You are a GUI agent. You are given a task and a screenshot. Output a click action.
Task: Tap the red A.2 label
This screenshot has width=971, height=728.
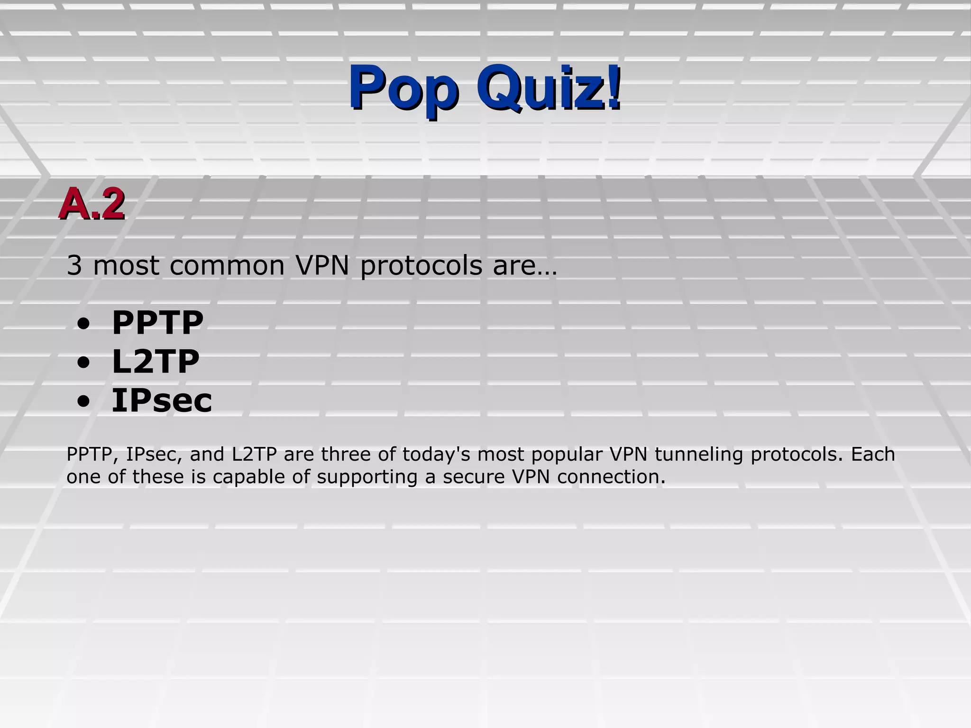pos(92,204)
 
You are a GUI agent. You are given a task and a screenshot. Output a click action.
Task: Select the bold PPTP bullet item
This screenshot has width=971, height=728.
pos(157,323)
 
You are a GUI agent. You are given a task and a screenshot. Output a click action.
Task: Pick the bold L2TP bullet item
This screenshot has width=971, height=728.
pos(156,362)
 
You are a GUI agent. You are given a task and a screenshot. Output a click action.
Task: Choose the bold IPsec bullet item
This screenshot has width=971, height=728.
pos(162,400)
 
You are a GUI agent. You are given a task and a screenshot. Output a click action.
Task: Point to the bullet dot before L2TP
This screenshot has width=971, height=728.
pos(83,364)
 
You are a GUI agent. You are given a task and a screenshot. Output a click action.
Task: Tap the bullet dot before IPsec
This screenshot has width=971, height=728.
pos(83,402)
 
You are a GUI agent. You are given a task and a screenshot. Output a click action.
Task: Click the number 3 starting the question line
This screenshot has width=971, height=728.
pos(74,265)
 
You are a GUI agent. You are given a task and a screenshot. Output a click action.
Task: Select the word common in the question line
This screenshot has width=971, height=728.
pos(227,265)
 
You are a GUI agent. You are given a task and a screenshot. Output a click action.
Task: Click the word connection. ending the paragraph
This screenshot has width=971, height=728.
pos(612,477)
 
